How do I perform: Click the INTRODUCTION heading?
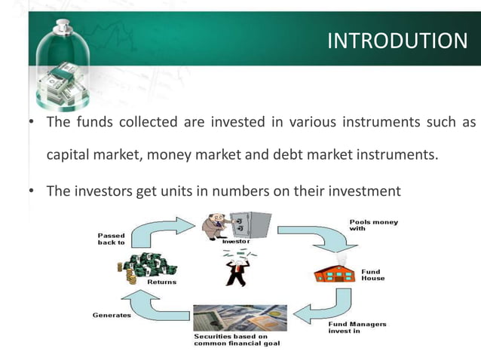point(398,40)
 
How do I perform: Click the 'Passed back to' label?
point(112,239)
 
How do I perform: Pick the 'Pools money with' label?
point(373,227)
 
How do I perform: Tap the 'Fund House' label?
point(372,275)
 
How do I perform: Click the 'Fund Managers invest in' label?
point(357,328)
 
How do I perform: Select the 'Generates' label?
point(112,315)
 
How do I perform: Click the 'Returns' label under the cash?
point(161,282)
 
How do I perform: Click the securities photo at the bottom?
point(239,317)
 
